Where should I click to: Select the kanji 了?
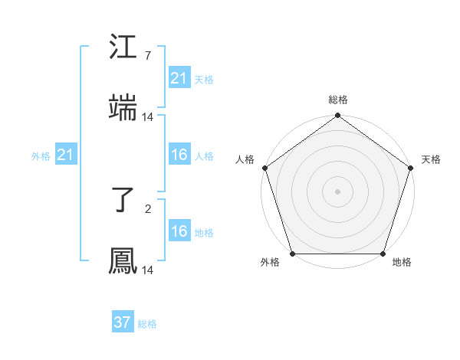pos(123,201)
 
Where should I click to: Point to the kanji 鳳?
pos(123,261)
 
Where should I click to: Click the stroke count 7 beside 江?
pos(147,56)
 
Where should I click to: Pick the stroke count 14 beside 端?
pos(148,117)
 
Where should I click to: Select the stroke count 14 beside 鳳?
pos(148,270)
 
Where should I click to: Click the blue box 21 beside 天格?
pos(179,78)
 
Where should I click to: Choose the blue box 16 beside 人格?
pos(179,155)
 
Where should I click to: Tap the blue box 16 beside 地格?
pos(179,231)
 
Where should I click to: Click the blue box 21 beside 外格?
pos(66,155)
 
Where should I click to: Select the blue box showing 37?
pos(123,322)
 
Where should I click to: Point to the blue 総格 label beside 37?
pos(147,324)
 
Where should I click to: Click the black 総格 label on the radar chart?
pos(337,100)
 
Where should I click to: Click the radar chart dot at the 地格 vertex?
pos(383,254)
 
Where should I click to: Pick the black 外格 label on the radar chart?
pos(270,263)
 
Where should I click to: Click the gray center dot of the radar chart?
pos(337,191)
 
